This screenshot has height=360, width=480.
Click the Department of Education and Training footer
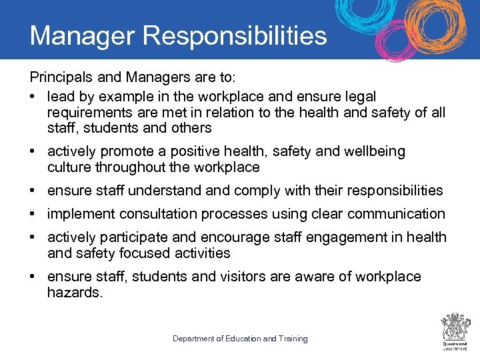240,339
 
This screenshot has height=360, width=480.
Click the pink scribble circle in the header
398,40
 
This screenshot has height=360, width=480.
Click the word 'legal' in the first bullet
361,97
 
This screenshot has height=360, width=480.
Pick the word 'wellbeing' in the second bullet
374,151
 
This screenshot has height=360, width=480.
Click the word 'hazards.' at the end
75,292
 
